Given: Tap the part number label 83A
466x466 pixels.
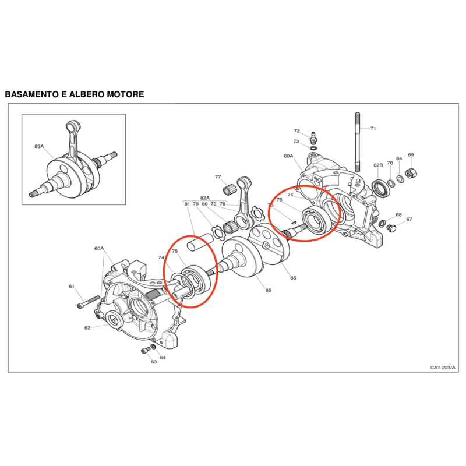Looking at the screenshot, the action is (39, 146).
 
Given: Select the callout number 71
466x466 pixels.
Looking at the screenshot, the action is (373, 128).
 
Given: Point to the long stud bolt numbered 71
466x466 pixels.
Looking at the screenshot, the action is (357, 142).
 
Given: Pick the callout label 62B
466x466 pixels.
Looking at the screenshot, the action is (378, 165).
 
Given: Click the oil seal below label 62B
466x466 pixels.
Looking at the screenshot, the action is (381, 188).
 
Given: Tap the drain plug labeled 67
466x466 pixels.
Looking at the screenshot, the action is (390, 228).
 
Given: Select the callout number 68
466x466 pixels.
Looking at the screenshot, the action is (398, 214).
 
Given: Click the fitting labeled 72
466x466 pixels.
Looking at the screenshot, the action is (313, 138).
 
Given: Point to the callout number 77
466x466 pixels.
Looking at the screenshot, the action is (218, 176).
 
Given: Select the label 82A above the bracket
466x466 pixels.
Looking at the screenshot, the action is (205, 197).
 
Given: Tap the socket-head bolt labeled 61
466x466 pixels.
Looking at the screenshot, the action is (89, 302).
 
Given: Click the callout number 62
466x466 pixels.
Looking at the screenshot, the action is (87, 327).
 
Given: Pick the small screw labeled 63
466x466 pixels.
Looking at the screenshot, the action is (145, 351).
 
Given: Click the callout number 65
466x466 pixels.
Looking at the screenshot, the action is (269, 290).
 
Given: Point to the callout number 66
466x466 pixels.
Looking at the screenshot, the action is (294, 278).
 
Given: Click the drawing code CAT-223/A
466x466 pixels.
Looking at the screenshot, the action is (443, 368).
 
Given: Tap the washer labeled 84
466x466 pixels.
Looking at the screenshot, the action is (401, 179).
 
